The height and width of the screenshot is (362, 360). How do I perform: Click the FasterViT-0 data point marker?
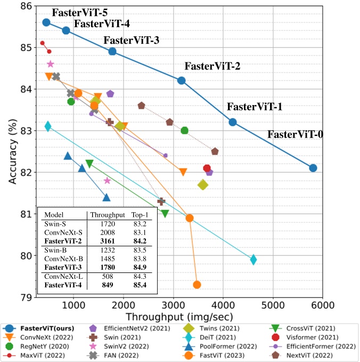(x=313, y=168)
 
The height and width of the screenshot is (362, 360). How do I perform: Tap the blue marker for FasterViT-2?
(x=181, y=81)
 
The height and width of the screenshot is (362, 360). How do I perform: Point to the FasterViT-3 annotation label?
(x=132, y=41)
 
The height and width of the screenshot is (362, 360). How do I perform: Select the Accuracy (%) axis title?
(x=12, y=151)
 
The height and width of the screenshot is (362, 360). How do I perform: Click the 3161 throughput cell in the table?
(x=100, y=240)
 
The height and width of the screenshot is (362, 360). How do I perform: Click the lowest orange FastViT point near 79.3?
(x=197, y=285)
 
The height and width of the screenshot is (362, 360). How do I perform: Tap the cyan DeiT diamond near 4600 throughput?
(x=253, y=260)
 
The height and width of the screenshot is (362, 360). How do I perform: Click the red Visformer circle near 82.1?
(x=207, y=168)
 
